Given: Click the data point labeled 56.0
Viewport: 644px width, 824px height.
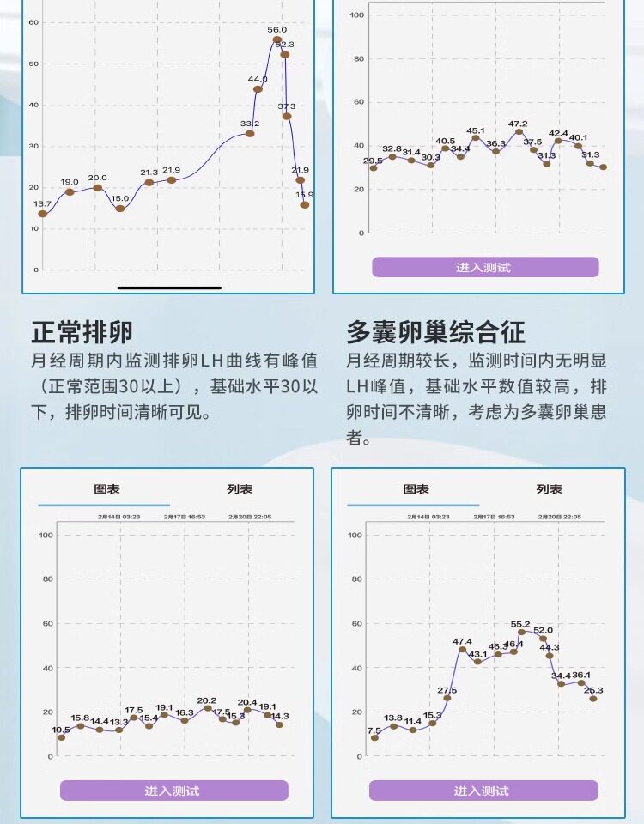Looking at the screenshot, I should (277, 39).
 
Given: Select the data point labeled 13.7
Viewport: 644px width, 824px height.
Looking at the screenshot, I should (42, 214).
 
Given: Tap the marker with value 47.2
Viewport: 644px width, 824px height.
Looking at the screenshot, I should (519, 131).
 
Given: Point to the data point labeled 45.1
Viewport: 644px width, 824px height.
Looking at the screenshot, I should (475, 137).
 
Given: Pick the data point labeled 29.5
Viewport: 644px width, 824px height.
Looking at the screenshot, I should (374, 168).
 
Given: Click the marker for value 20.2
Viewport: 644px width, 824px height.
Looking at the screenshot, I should (207, 708).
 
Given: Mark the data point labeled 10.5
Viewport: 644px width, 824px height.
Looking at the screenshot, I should (61, 737).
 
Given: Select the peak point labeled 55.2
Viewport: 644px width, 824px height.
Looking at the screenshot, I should (521, 632).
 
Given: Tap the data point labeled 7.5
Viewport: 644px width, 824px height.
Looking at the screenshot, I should (374, 738).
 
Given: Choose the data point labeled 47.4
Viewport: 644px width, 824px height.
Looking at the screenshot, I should (462, 649).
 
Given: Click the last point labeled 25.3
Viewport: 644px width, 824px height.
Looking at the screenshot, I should (593, 699).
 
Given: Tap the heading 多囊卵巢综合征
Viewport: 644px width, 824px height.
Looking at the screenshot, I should (435, 331).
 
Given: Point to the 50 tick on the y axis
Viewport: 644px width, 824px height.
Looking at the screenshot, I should (33, 64).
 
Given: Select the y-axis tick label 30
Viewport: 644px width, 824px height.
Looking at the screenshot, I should (33, 146).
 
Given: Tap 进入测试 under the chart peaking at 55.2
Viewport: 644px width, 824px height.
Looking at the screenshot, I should (483, 791).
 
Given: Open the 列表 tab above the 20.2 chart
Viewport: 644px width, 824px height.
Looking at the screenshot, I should (240, 489).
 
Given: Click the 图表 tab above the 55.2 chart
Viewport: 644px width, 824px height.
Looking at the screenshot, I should (416, 489).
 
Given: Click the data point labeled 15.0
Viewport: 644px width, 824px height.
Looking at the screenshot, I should (120, 209).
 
